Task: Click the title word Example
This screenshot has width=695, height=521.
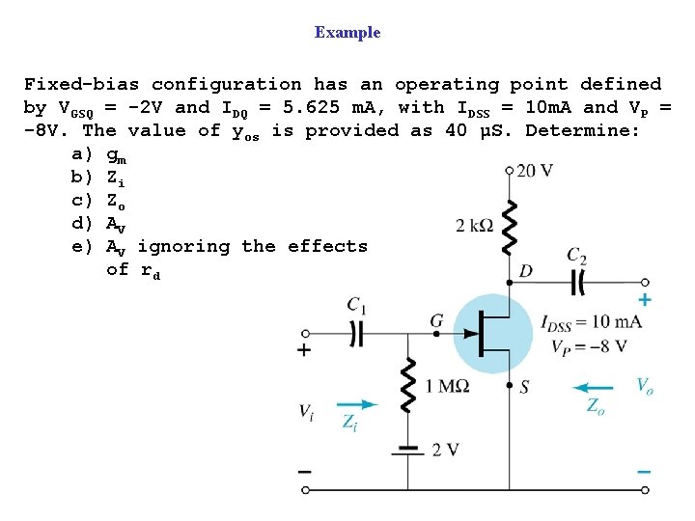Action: point(347,32)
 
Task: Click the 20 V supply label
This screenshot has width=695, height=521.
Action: point(536,171)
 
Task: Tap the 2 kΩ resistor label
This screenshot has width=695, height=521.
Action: point(474,226)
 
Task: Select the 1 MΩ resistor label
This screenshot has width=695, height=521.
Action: point(448,386)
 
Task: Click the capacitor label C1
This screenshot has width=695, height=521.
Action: point(356,307)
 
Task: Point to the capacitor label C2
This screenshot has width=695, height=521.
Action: point(576,257)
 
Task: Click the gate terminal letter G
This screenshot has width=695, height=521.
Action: point(437,319)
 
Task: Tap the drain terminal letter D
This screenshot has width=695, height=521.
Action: point(525,271)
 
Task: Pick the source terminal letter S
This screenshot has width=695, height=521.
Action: point(524,387)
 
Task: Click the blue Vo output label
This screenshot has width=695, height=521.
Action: point(644,386)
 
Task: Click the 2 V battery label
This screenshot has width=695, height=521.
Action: point(445,450)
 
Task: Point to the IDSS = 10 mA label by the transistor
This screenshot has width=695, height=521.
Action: point(591,322)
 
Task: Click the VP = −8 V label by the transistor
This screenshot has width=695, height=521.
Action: point(589,346)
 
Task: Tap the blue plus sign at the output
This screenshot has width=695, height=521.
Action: point(644,300)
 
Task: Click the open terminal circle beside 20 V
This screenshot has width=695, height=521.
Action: point(509,171)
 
